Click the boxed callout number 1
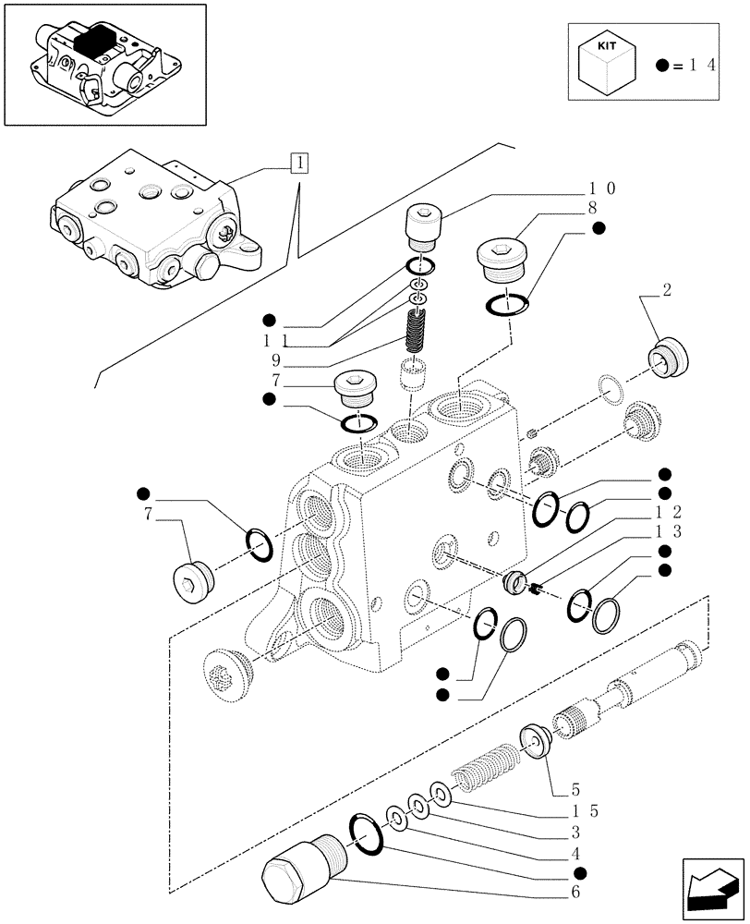coord(299,164)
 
